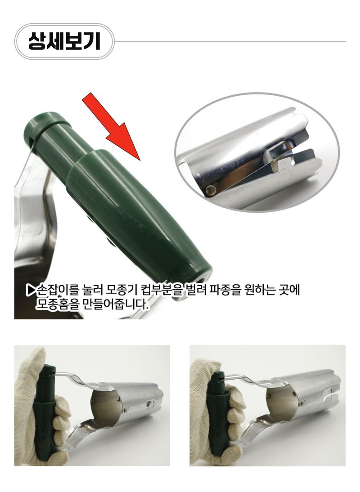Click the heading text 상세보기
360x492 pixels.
pos(63,41)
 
